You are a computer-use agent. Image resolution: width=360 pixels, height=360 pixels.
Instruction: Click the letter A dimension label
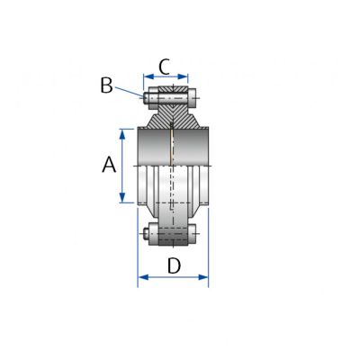[x=108, y=165]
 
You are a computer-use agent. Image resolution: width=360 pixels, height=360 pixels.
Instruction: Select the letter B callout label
[x=106, y=85]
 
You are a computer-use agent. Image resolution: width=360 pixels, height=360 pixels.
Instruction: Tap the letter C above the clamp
[x=165, y=65]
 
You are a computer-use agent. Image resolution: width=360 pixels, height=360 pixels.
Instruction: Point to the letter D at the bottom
[x=175, y=265]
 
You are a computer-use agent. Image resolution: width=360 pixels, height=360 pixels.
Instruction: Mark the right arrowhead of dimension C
[x=184, y=77]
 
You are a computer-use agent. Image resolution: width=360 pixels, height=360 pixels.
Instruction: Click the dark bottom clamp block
[x=173, y=237]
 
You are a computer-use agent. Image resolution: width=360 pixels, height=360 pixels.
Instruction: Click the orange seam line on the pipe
[x=171, y=148]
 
